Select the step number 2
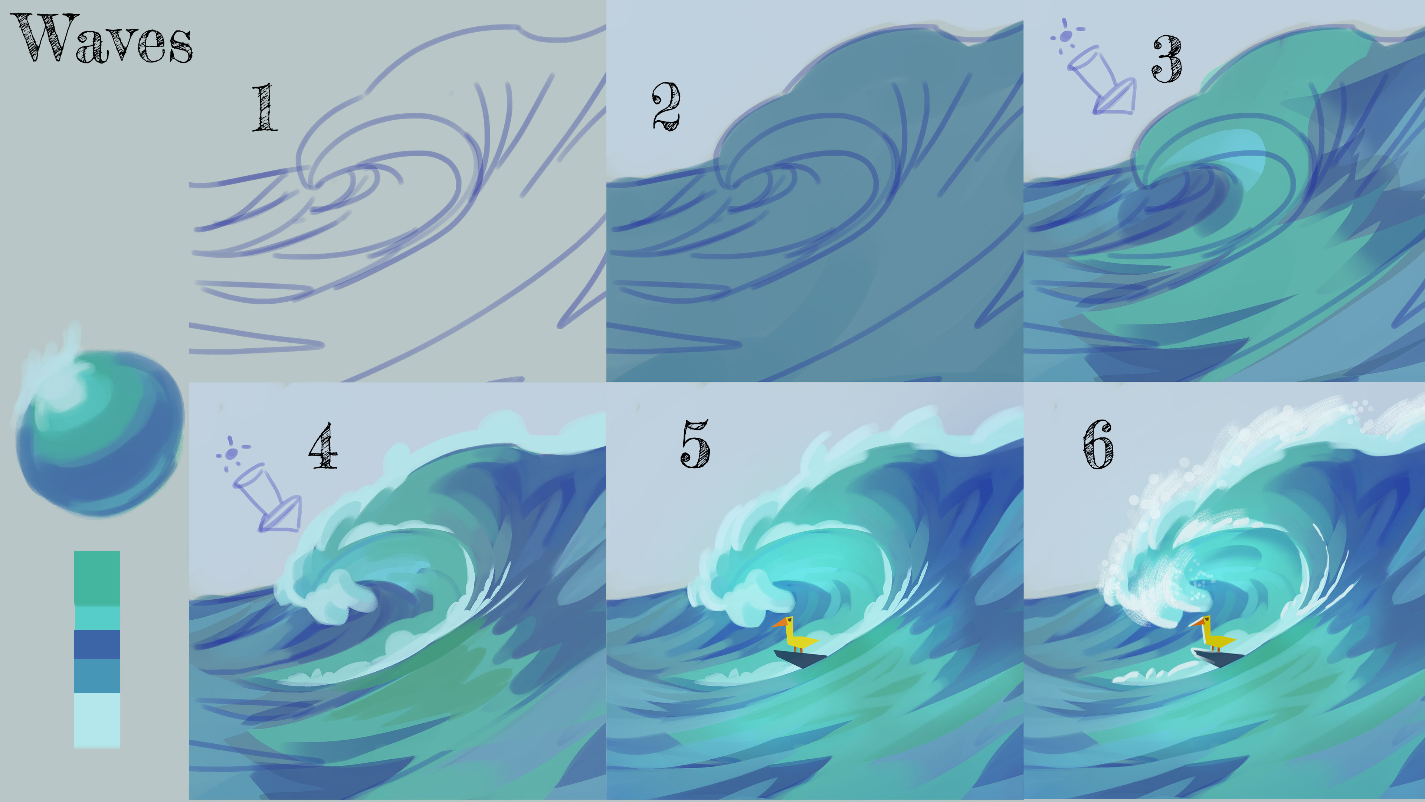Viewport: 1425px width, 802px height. point(666,106)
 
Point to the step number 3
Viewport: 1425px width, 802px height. point(1167,59)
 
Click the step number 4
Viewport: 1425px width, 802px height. point(323,446)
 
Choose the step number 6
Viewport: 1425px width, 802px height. point(1098,444)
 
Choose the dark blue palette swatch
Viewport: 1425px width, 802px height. point(97,644)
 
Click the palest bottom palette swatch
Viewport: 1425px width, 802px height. point(97,720)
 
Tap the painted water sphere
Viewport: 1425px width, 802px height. point(99,432)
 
